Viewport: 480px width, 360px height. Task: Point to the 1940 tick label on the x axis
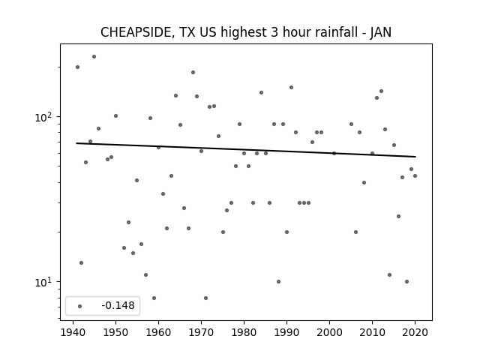(x=73, y=332)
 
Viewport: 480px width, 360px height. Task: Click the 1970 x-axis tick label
(x=201, y=332)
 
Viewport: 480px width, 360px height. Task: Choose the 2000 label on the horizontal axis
(x=329, y=332)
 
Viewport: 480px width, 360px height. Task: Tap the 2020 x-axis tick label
(x=415, y=332)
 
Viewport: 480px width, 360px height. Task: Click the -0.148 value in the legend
(x=118, y=305)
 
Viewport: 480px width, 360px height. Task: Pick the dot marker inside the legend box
(x=80, y=306)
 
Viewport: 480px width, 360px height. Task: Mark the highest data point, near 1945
(x=94, y=57)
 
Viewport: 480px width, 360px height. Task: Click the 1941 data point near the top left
(x=77, y=67)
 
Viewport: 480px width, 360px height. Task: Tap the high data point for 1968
(x=193, y=72)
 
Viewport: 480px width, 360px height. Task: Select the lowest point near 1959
(x=154, y=298)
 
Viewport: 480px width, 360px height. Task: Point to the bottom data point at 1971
(x=205, y=298)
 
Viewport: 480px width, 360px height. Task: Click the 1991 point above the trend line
(x=291, y=87)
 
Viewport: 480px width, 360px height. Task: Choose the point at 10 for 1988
(x=278, y=282)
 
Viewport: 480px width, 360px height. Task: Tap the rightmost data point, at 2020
(x=415, y=175)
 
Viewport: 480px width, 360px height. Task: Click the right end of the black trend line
(x=415, y=157)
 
